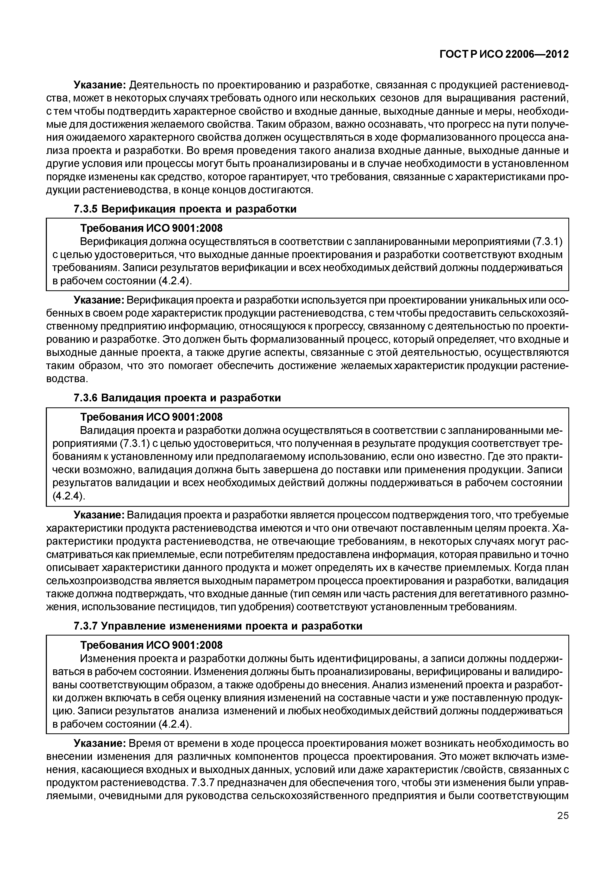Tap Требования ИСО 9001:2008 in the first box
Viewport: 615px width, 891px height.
coord(151,228)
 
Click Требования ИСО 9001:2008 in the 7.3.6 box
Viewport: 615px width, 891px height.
coord(151,417)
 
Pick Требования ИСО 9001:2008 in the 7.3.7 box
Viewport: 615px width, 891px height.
coord(151,645)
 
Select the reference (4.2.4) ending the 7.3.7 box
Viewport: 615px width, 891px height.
coord(174,724)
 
